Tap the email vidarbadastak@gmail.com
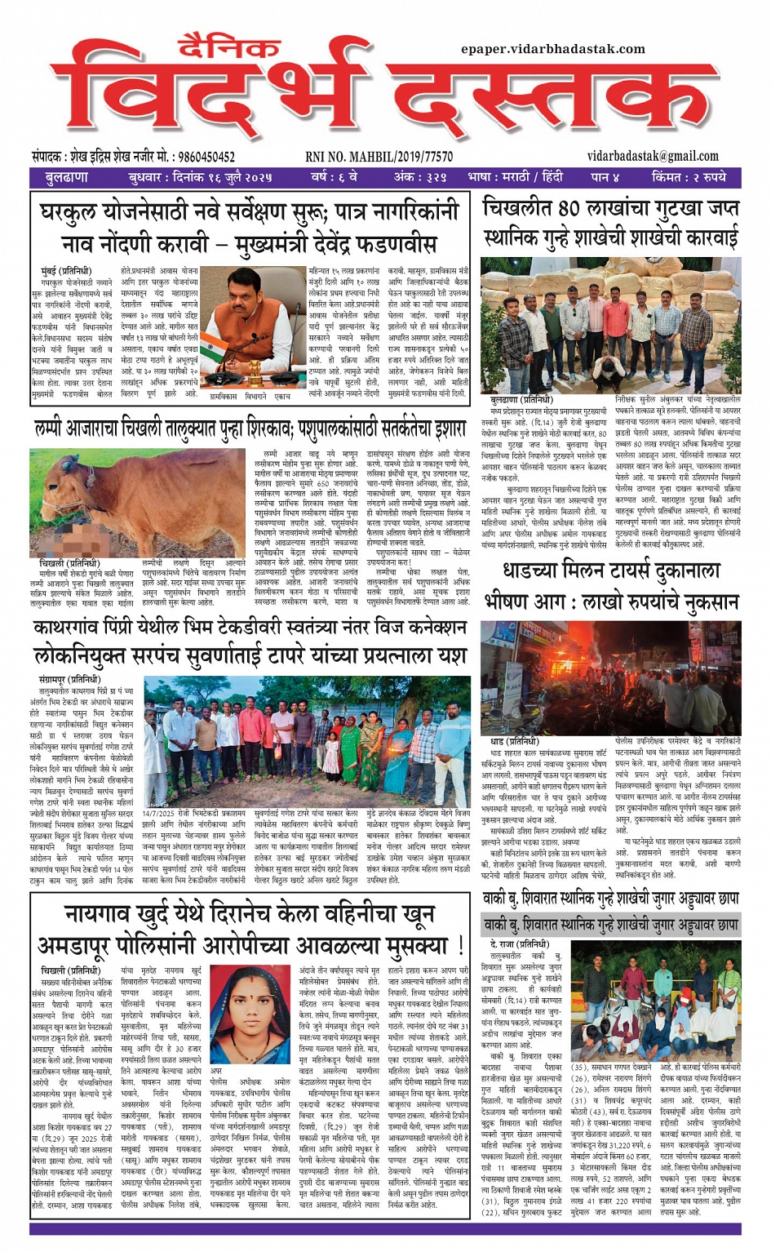tap(653, 156)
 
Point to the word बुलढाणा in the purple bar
tap(67, 177)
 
